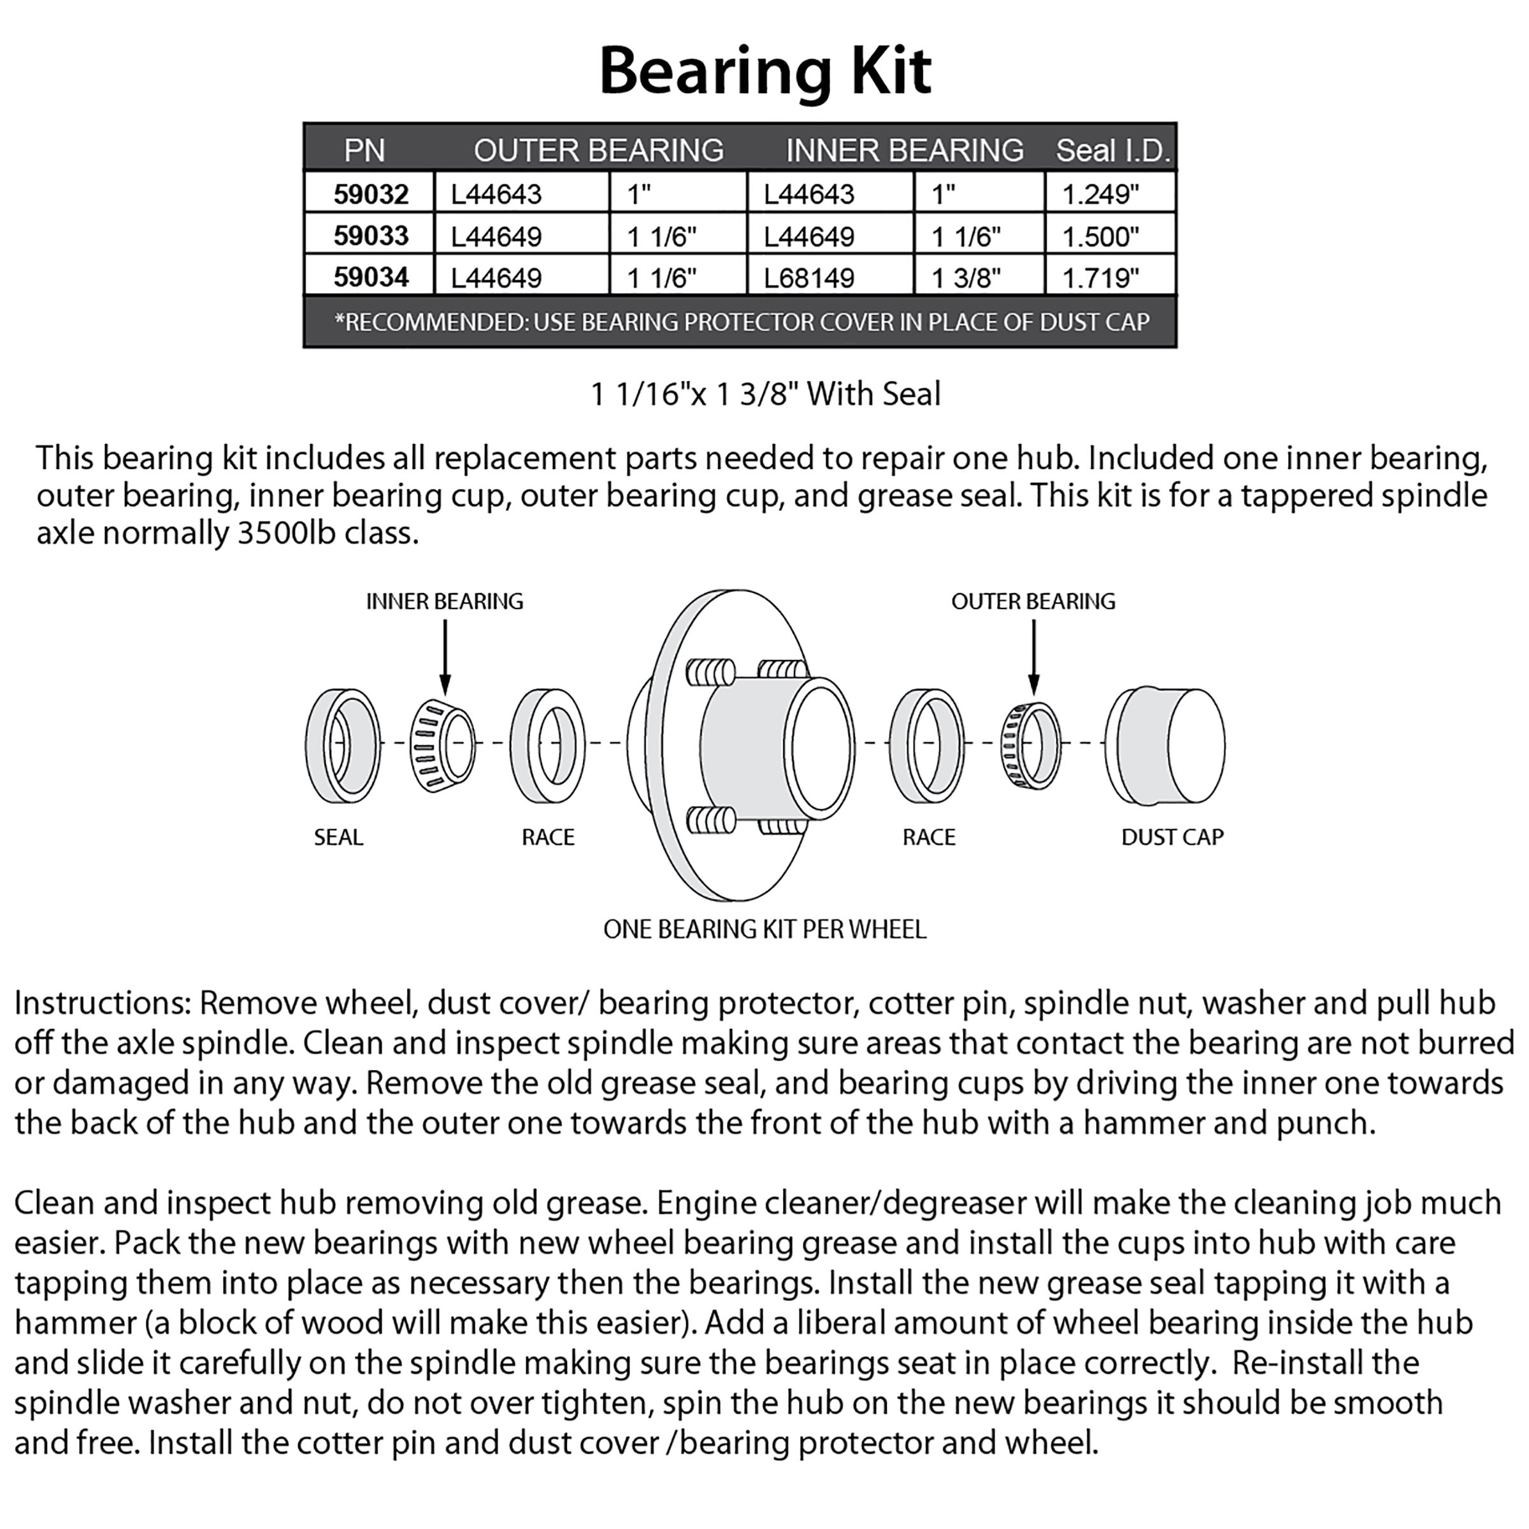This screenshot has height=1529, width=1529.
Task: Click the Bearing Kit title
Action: click(x=764, y=71)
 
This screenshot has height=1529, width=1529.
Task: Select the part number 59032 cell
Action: click(x=370, y=194)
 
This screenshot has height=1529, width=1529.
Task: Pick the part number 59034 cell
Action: click(x=370, y=277)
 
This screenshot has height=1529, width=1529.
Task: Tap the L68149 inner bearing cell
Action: click(x=809, y=278)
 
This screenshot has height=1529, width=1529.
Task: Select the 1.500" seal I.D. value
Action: click(x=1100, y=236)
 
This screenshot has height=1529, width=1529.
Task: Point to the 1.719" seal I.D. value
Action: click(x=1100, y=278)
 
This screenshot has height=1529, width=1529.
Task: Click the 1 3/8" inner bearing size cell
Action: click(x=966, y=278)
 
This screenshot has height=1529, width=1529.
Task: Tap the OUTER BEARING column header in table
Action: click(x=598, y=150)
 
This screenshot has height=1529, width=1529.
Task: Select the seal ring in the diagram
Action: click(x=342, y=745)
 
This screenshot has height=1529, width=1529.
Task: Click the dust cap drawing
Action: click(x=1165, y=745)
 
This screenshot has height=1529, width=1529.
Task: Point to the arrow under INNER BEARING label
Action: click(x=445, y=657)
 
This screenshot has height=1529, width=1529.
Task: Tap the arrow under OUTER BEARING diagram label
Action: click(x=1033, y=657)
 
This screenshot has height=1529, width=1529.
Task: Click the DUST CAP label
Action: click(x=1172, y=837)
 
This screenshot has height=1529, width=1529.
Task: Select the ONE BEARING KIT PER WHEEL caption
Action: click(x=764, y=929)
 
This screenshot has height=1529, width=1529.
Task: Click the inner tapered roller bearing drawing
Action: click(x=442, y=745)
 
